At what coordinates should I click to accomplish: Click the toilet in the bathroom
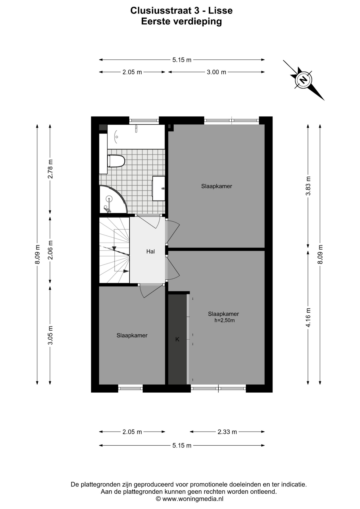tap(116, 161)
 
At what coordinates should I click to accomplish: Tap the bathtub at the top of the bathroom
tap(136, 137)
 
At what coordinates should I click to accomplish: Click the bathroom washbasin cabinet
tap(159, 188)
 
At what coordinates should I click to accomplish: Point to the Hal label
tap(151, 251)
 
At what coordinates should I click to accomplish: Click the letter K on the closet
tap(177, 339)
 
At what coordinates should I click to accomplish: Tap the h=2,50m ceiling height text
tap(225, 320)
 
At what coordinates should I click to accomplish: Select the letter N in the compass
tap(304, 80)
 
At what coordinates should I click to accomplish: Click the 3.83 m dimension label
tap(308, 186)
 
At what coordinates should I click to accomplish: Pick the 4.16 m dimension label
tap(308, 317)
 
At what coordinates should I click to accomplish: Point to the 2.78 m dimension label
tap(50, 169)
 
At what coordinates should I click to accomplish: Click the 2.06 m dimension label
tap(50, 250)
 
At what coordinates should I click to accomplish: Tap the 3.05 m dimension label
tap(50, 335)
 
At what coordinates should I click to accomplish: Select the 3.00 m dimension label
tap(216, 72)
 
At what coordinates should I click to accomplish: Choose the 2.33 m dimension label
tap(227, 432)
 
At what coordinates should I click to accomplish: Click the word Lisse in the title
tap(220, 11)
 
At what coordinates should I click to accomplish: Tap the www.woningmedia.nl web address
tap(193, 499)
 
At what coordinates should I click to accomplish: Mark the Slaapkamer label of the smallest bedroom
tap(132, 335)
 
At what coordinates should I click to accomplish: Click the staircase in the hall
tap(114, 250)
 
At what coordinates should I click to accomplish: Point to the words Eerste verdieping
tap(181, 21)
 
